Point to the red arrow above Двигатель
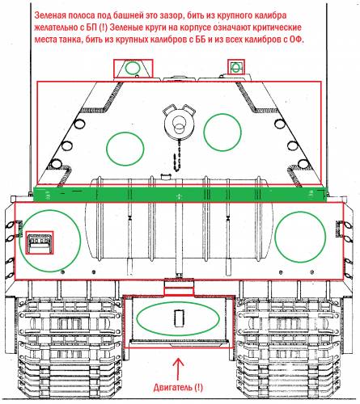[177, 369]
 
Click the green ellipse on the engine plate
[178, 318]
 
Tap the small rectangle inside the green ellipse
[179, 318]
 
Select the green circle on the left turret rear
[125, 149]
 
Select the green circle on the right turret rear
[222, 133]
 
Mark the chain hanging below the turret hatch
[177, 158]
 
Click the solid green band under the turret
[180, 194]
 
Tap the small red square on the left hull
[40, 242]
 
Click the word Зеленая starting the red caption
[50, 15]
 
